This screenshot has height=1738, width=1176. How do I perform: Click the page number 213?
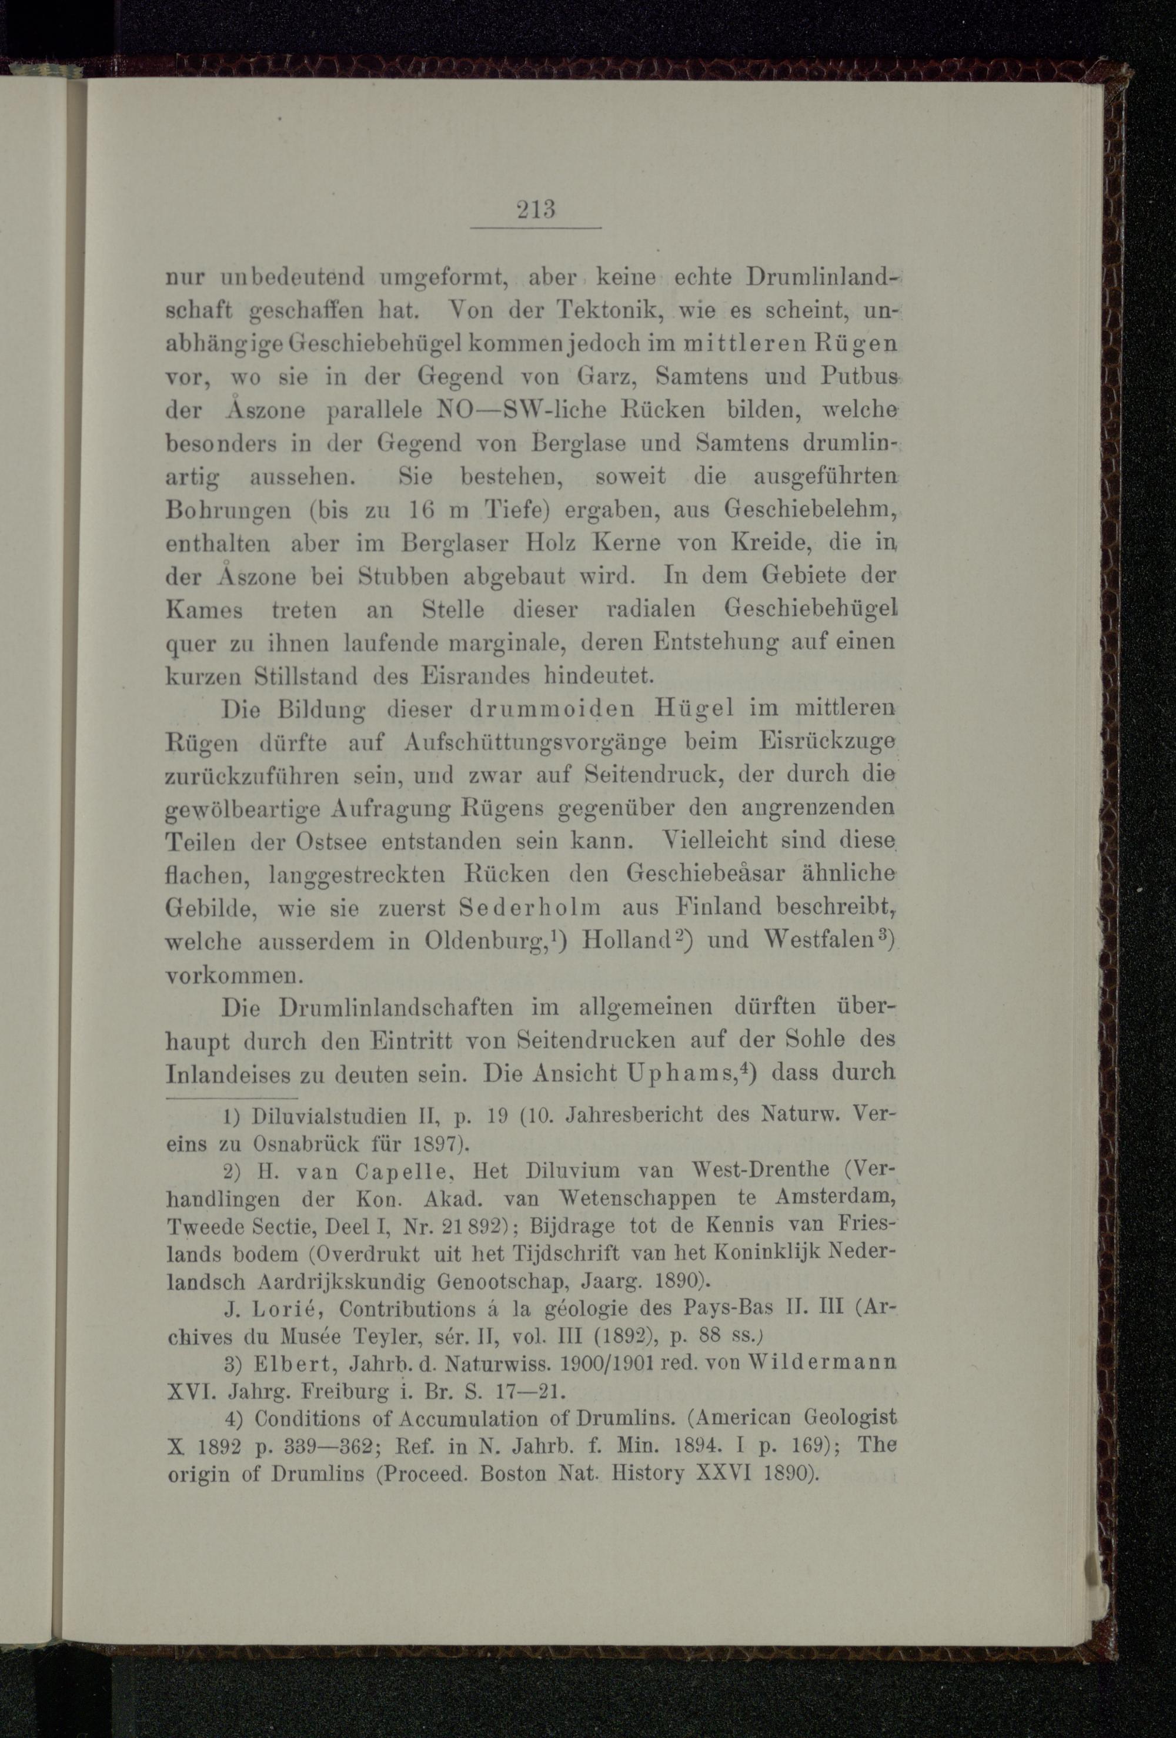[x=536, y=209]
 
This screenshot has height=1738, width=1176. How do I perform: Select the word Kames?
[x=203, y=610]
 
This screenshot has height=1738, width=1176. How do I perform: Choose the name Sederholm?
[x=530, y=908]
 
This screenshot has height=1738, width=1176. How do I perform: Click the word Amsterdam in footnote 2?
[x=836, y=1198]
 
